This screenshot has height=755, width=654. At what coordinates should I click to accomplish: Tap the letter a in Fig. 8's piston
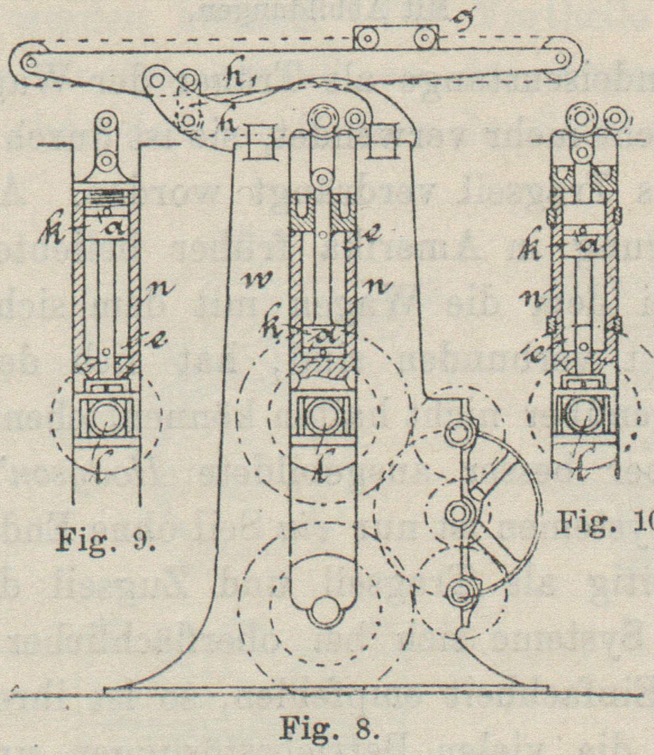[x=323, y=338]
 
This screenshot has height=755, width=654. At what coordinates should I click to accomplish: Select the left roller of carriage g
[x=367, y=39]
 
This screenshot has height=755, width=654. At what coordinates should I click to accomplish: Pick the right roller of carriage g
[x=424, y=39]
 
